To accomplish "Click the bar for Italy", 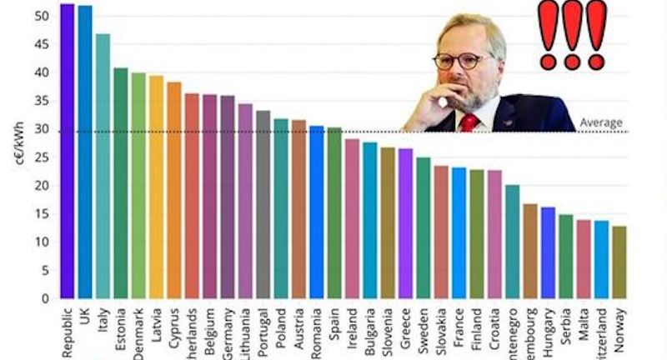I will [103, 166].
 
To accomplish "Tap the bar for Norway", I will [618, 262].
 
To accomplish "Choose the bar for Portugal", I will [263, 204].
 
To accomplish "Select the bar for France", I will [459, 232].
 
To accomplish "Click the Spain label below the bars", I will [334, 321].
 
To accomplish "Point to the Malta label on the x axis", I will [583, 321].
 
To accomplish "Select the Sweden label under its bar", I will [424, 326].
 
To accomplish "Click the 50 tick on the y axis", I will [43, 16].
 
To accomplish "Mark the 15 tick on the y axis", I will [43, 214].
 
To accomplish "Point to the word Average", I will [601, 123].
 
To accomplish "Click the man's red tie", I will [469, 122].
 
